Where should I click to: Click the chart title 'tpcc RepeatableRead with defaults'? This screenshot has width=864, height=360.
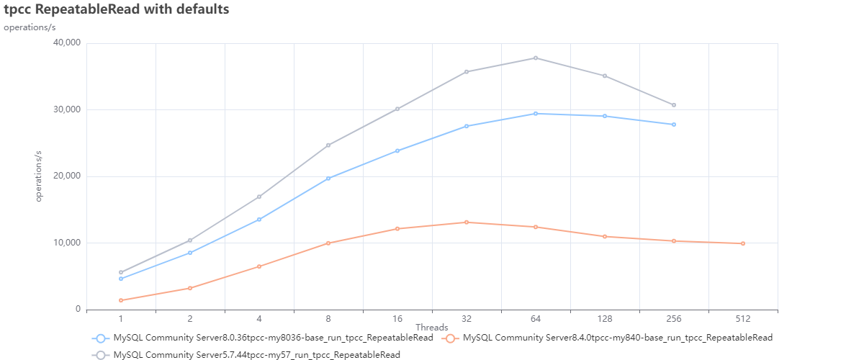[x=117, y=10]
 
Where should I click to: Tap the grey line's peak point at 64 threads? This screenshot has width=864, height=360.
[x=536, y=58]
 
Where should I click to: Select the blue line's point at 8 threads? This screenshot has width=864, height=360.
[x=328, y=178]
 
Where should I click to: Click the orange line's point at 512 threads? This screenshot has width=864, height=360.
[x=743, y=243]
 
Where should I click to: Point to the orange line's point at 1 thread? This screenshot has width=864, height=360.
[x=121, y=300]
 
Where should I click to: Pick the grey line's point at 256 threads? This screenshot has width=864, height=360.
[x=674, y=105]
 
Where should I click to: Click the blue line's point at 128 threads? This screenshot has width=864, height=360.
[x=605, y=116]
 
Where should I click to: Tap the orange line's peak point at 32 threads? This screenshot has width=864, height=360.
[x=467, y=222]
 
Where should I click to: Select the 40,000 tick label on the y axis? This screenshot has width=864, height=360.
[x=66, y=43]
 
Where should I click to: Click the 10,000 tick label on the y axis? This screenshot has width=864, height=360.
[x=66, y=243]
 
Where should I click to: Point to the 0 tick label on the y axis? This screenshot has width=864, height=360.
[x=77, y=310]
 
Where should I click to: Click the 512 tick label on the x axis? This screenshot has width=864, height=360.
[x=743, y=318]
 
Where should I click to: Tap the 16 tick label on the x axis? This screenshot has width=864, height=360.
[x=397, y=318]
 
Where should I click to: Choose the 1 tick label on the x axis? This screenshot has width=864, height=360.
[x=121, y=318]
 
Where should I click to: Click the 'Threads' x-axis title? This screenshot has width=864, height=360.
[x=432, y=328]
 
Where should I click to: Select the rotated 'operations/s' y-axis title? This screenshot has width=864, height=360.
[x=40, y=176]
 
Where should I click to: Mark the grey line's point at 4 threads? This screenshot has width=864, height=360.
[x=259, y=197]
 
